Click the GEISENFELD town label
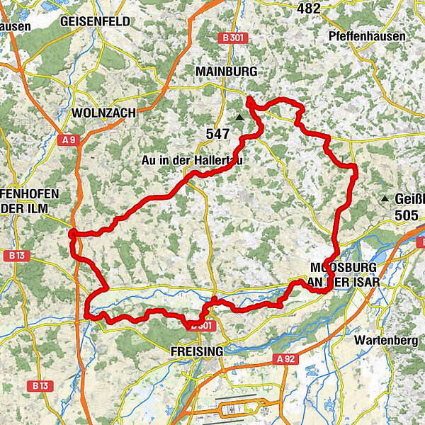click(96, 21)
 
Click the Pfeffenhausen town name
click(367, 36)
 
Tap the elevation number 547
click(218, 132)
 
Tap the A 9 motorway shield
click(69, 141)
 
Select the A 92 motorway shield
click(285, 359)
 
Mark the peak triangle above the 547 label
click(240, 118)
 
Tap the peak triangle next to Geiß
click(385, 199)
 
